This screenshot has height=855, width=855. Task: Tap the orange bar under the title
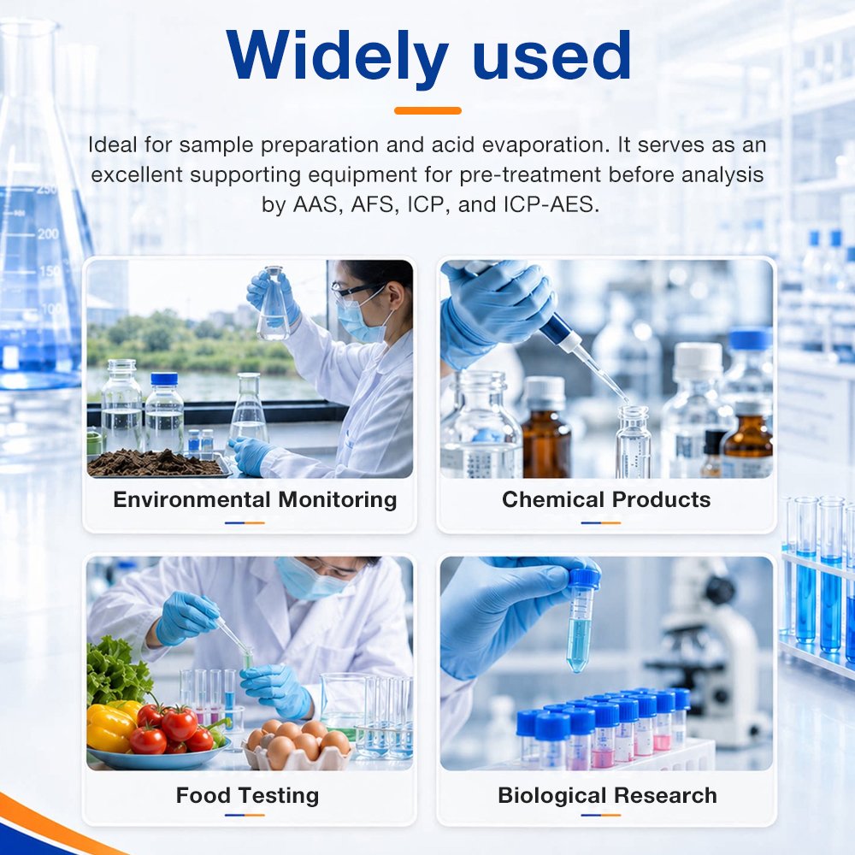tap(427, 110)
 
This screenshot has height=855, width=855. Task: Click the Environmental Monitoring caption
tap(255, 499)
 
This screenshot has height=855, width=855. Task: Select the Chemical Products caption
tap(606, 499)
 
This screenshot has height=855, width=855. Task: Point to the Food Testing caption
tap(247, 795)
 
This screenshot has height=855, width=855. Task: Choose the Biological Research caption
tap(607, 795)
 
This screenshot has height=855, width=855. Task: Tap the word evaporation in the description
tap(545, 145)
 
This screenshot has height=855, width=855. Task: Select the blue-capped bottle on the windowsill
tap(164, 412)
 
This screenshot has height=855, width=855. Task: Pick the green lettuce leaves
tap(114, 669)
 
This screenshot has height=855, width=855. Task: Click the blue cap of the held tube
tap(585, 579)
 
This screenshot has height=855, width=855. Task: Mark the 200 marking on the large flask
tap(48, 234)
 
